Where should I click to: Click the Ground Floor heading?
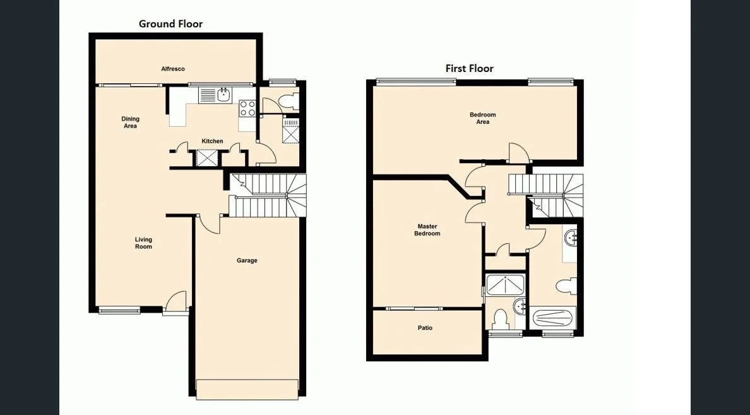tap(170, 24)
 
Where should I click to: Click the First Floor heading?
tap(469, 68)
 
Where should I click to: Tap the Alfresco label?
tap(172, 69)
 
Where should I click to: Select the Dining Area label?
tap(130, 123)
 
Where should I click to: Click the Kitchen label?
tap(212, 141)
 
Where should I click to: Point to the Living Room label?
tap(143, 243)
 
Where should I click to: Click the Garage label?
tap(247, 260)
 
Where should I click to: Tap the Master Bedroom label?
tap(427, 230)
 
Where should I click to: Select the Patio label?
tap(425, 328)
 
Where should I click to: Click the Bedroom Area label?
tap(482, 118)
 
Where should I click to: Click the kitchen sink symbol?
tap(223, 95)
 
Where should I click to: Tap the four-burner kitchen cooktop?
tap(247, 108)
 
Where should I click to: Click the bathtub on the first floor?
tap(554, 316)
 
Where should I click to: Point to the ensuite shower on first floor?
tap(504, 285)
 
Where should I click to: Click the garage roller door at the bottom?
tap(247, 389)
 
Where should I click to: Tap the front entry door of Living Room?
tap(177, 302)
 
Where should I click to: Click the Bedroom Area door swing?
tap(517, 152)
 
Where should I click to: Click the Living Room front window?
tap(119, 310)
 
